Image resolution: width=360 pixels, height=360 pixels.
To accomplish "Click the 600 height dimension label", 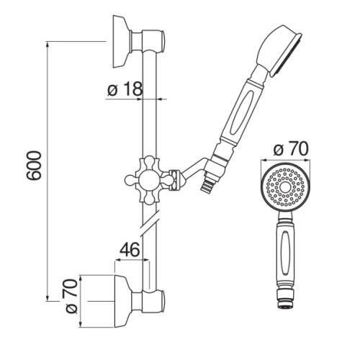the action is click(34, 166).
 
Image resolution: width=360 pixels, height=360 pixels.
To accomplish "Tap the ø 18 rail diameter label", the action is click(125, 89).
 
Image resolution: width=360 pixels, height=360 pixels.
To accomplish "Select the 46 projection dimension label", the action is click(130, 249).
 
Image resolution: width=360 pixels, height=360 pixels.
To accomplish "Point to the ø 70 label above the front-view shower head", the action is click(290, 149).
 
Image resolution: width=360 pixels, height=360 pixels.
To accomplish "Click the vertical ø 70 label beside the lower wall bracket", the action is click(72, 296).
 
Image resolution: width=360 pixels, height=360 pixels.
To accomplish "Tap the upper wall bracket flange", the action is click(122, 42).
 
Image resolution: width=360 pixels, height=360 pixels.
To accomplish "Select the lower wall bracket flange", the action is click(123, 301).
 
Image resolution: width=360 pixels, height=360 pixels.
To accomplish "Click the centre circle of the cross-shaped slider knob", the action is click(149, 180).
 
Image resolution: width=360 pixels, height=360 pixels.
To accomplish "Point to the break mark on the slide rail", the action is click(150, 223).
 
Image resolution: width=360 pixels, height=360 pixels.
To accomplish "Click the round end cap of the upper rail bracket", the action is click(163, 41).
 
